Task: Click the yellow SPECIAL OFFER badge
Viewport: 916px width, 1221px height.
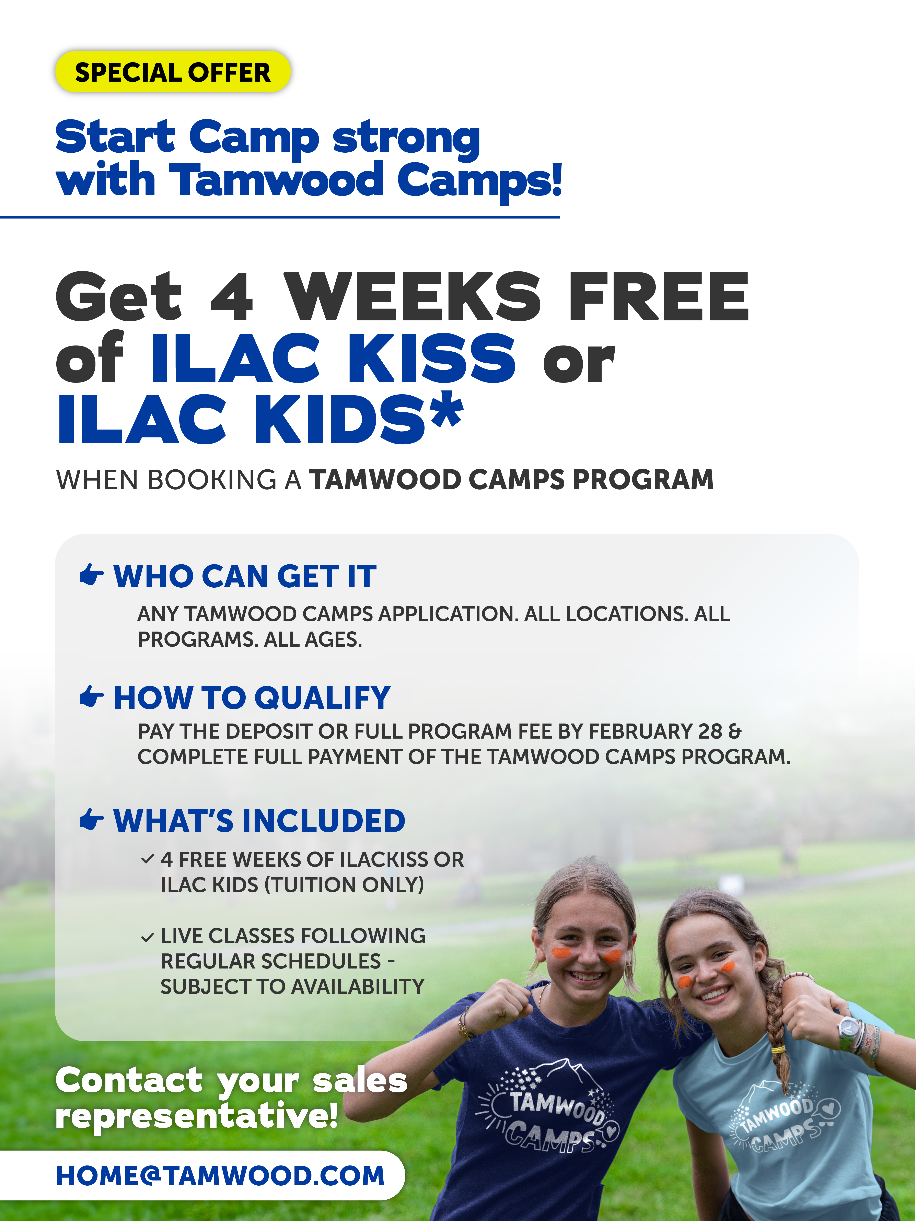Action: [173, 72]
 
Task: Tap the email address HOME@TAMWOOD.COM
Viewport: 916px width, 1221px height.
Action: [220, 1175]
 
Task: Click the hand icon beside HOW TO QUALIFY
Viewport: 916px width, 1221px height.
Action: [92, 697]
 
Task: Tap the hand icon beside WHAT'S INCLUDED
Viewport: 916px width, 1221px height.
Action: [92, 820]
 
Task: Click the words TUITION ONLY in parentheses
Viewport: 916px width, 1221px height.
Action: [346, 885]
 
